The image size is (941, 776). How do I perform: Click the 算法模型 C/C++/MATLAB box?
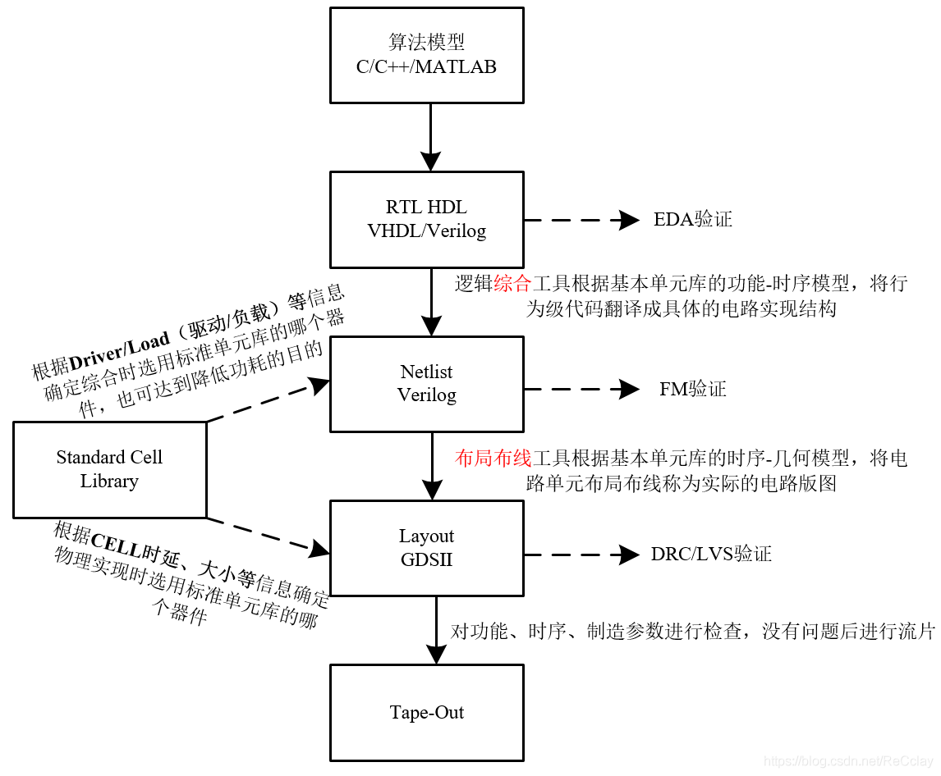[x=426, y=55]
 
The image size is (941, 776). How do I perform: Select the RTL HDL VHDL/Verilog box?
[x=426, y=219]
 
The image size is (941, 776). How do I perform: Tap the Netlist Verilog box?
[x=426, y=383]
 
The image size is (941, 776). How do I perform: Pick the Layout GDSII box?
[x=426, y=547]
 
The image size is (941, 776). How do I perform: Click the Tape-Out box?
[x=426, y=711]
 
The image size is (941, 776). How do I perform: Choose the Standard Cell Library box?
[x=109, y=469]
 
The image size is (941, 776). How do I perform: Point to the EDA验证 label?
[x=692, y=219]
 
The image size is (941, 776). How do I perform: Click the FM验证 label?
[x=692, y=389]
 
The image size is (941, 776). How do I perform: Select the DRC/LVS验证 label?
[x=711, y=554]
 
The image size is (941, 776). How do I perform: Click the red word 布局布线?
[x=493, y=459]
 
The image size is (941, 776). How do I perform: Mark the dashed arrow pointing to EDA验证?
[x=581, y=220]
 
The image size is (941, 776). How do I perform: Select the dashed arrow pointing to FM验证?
[x=581, y=389]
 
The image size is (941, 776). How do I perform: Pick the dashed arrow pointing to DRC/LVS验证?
[x=581, y=555]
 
